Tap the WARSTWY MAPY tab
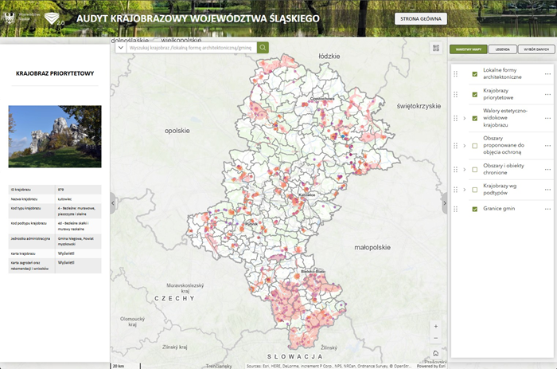[467, 49]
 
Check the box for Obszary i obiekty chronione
[475, 169]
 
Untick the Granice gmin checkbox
[475, 209]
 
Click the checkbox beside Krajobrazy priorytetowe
[475, 96]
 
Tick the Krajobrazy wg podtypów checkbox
[475, 190]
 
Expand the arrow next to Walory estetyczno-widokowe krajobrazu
[464, 119]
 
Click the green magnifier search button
[263, 48]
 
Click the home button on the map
[435, 352]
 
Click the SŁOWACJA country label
[293, 355]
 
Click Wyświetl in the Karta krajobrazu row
[66, 252]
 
